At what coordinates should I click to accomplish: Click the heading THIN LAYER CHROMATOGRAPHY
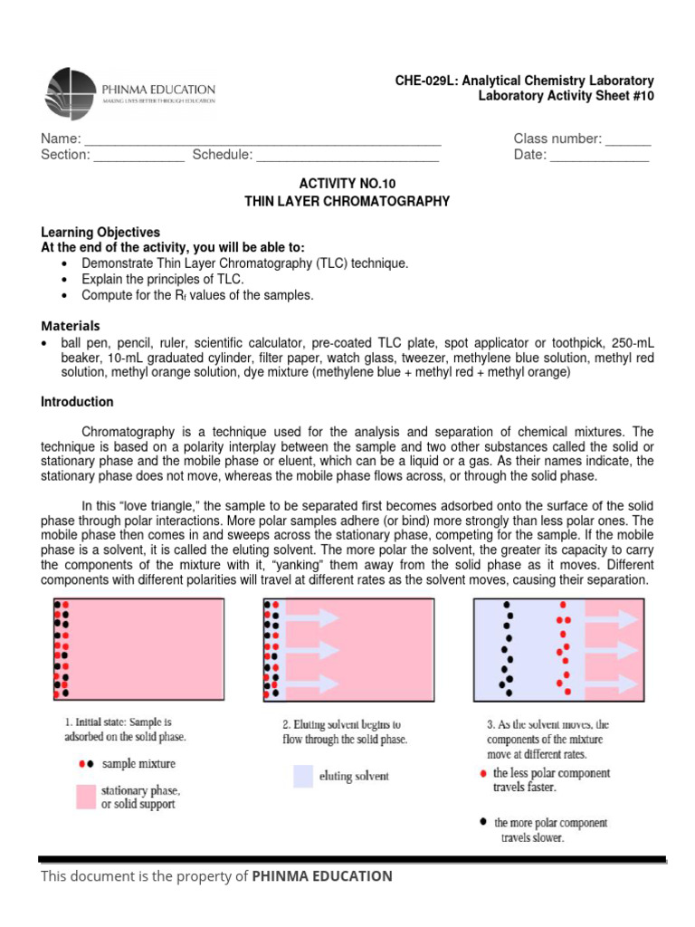[x=347, y=201]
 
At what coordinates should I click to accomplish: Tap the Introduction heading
[x=77, y=402]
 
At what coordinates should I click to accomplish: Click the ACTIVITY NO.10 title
[x=347, y=183]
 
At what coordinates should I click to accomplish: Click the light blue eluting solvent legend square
[x=303, y=776]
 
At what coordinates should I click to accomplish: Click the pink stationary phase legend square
[x=86, y=797]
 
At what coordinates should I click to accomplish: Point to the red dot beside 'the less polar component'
[x=481, y=774]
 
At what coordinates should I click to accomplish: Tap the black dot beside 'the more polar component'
[x=481, y=823]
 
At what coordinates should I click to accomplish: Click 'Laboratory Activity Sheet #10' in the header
[x=566, y=97]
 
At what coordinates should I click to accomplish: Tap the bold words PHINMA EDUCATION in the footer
[x=322, y=876]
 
